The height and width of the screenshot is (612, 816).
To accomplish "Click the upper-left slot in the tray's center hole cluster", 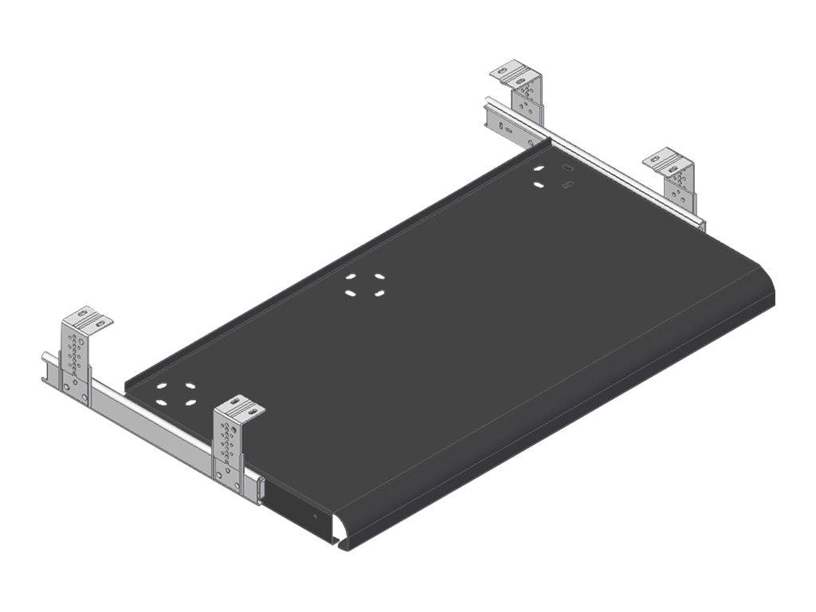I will (351, 277).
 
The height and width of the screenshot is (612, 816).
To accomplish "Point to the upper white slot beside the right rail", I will (539, 169).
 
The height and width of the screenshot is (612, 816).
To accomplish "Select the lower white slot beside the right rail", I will (539, 185).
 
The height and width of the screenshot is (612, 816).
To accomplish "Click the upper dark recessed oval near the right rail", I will (567, 168).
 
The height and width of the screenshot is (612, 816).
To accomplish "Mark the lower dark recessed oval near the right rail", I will (568, 186).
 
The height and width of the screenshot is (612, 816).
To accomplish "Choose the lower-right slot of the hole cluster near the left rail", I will (190, 401).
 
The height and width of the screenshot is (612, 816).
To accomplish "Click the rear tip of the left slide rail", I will (45, 367).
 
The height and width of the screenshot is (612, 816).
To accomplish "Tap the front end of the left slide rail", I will (259, 489).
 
